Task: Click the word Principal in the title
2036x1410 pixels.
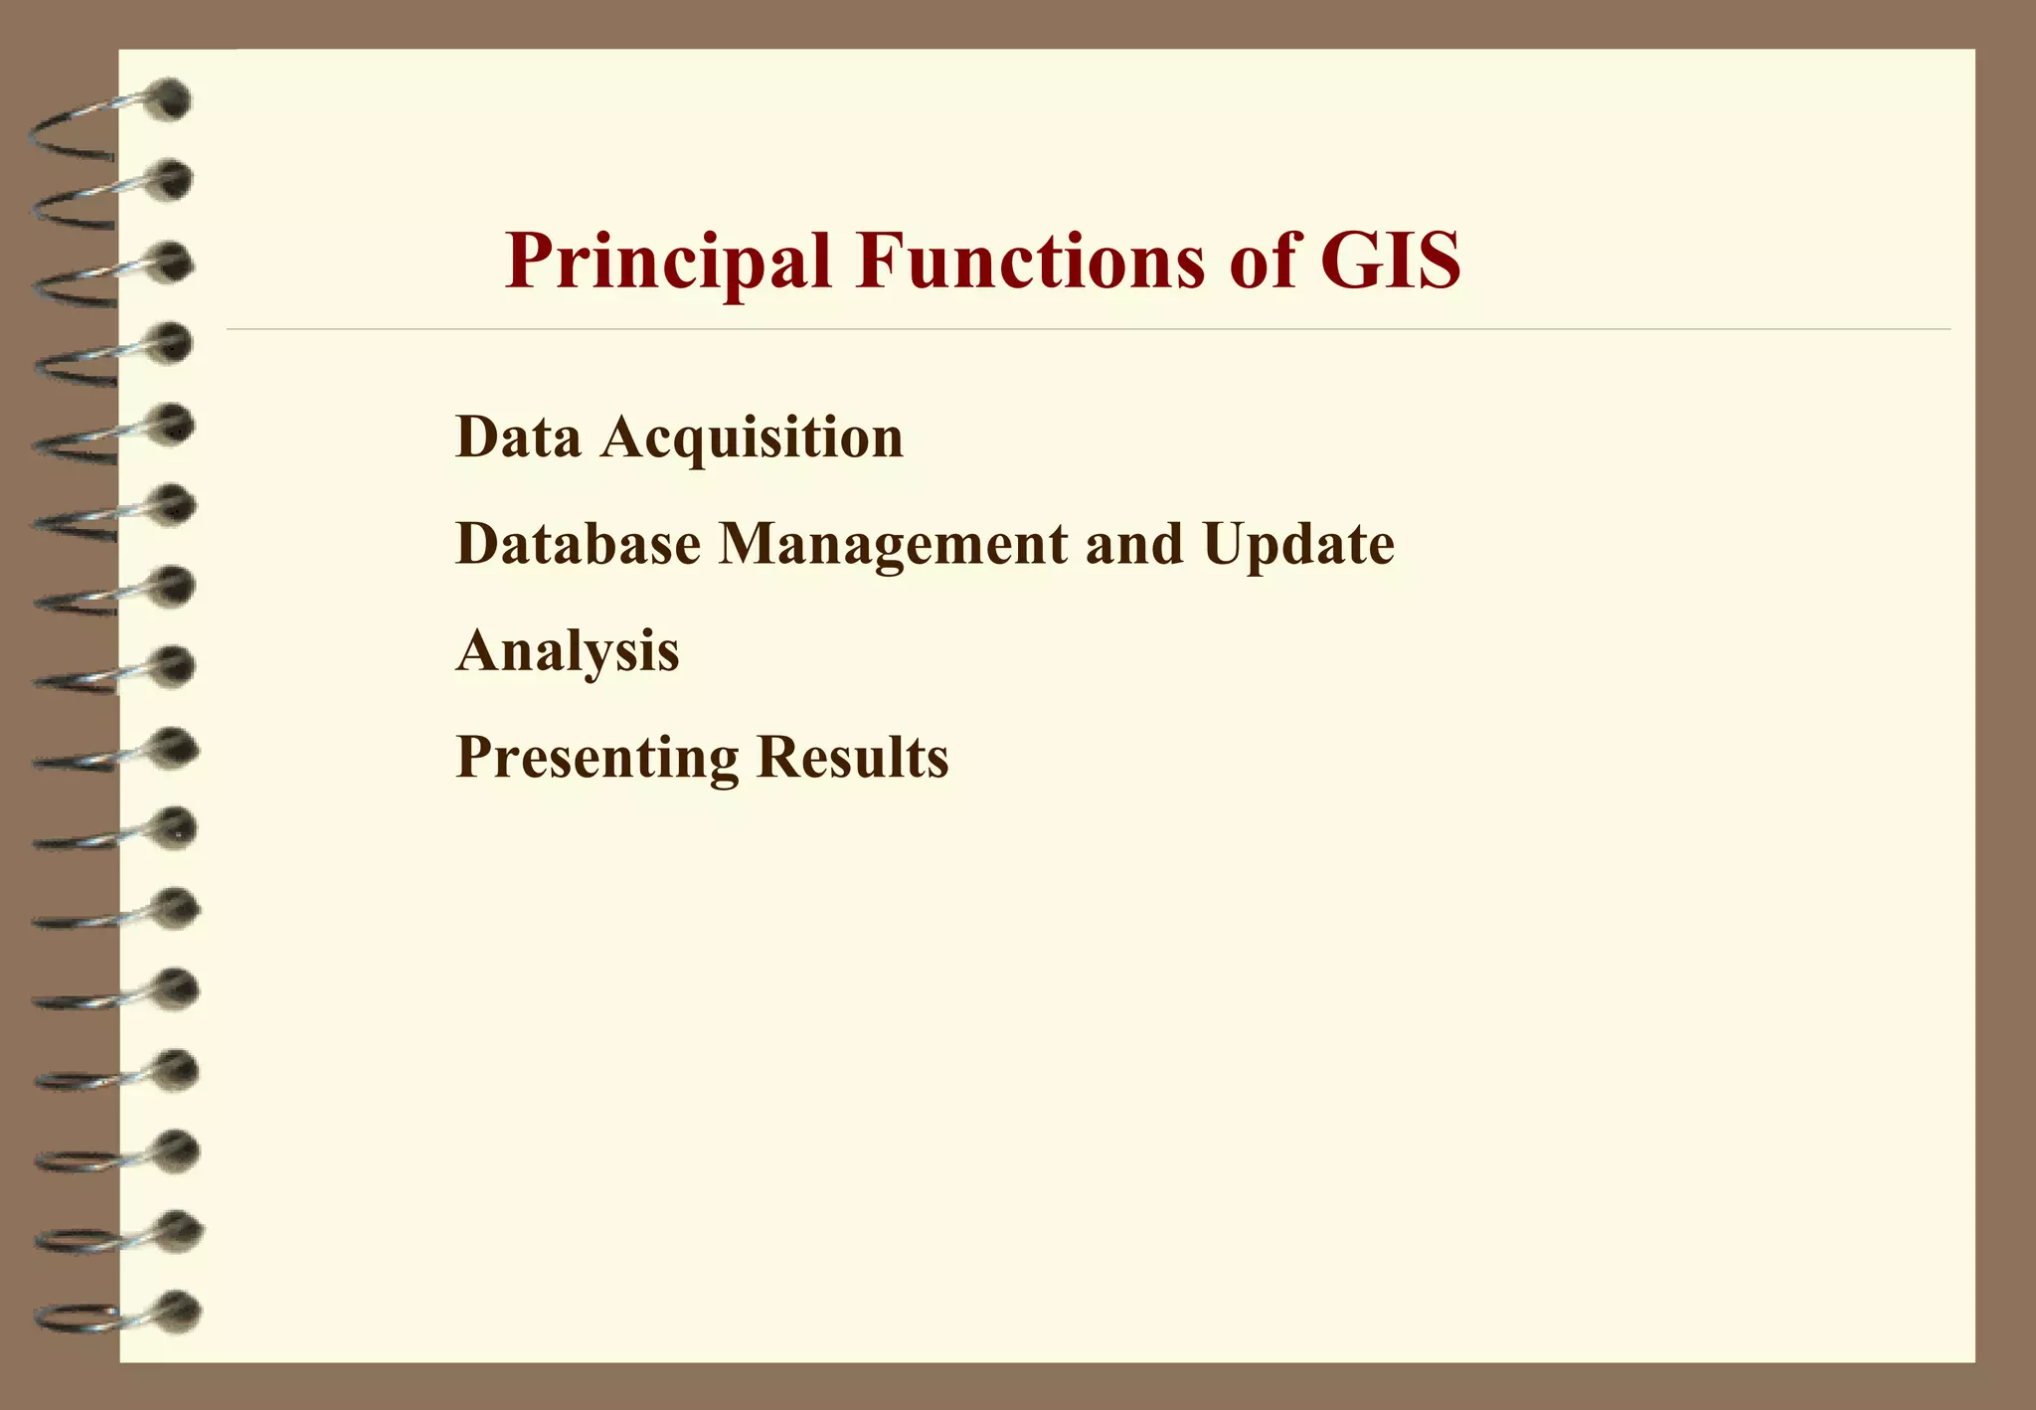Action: pos(667,262)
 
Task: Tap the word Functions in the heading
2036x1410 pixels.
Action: pos(1030,261)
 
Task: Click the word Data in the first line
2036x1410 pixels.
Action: pos(518,437)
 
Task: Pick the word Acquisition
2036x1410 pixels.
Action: pos(752,439)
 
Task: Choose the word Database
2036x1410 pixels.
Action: pos(578,544)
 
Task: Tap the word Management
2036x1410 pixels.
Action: pos(892,546)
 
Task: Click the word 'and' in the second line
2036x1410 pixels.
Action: pos(1134,544)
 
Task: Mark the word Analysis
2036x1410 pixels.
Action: pos(568,652)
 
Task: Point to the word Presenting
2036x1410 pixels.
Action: pos(596,759)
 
